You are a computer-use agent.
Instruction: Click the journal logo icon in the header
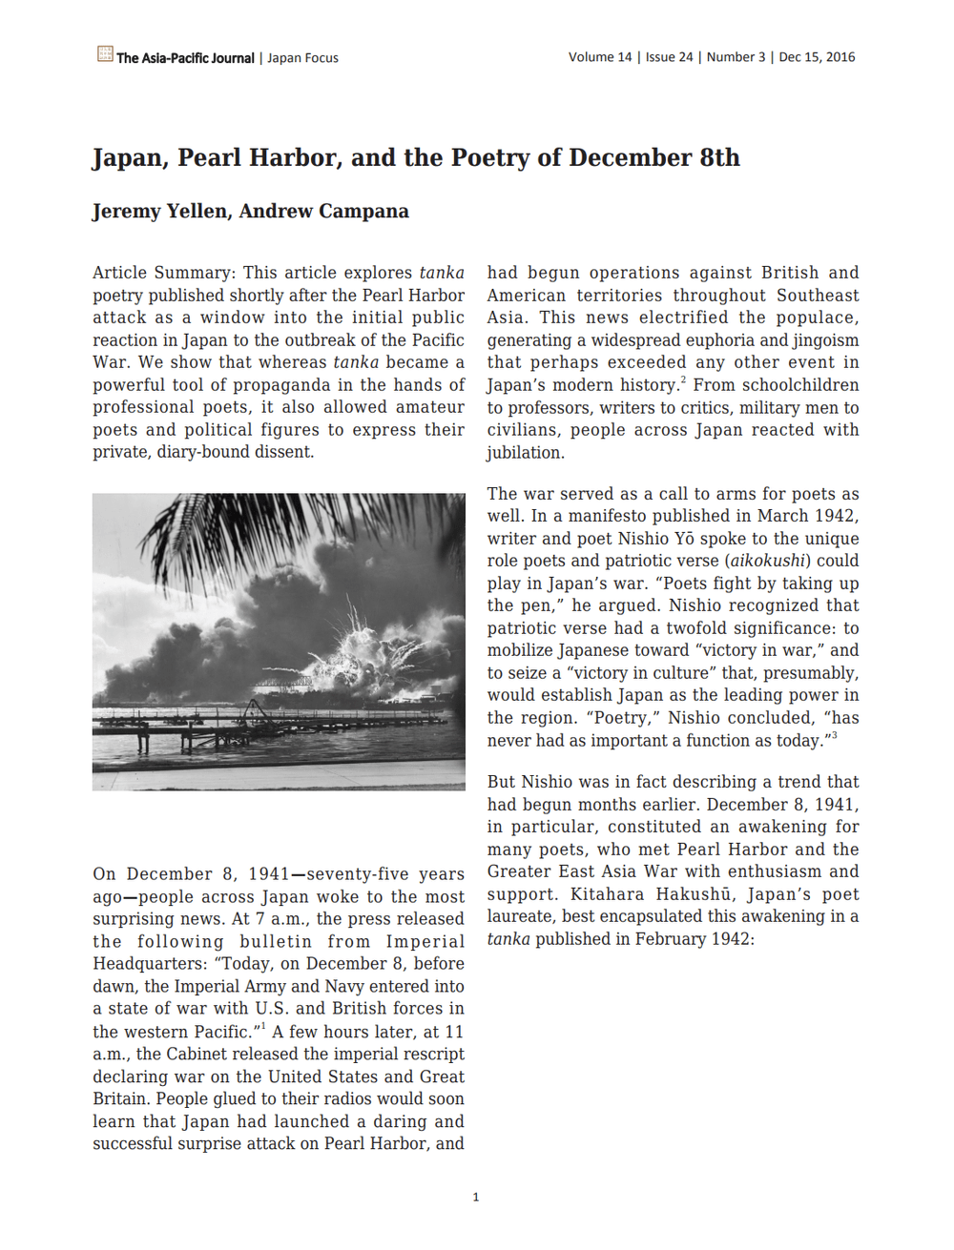pos(105,53)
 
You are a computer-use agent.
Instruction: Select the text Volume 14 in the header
pos(600,57)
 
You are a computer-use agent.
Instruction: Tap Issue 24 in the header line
pos(669,57)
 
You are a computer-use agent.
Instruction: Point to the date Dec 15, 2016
pos(817,57)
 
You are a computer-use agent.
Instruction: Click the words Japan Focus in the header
pos(302,58)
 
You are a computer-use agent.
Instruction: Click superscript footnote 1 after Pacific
pos(263,1026)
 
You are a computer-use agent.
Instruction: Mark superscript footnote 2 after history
pos(683,379)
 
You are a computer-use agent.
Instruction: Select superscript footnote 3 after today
pos(834,735)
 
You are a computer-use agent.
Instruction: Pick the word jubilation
pos(525,453)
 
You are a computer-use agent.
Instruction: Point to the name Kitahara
pos(612,894)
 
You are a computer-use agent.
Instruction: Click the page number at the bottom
pos(476,1198)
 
